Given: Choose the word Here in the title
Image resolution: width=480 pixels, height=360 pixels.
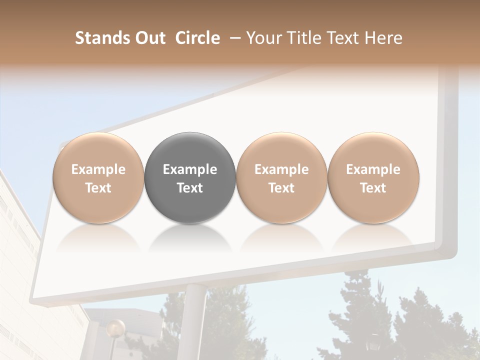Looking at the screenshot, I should pos(383,38).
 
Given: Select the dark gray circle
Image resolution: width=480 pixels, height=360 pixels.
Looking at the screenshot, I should pos(190,177).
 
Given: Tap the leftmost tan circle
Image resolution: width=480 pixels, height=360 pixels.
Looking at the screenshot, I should pos(98,177).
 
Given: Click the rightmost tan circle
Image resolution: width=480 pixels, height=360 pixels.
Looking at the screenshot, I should pos(373,177).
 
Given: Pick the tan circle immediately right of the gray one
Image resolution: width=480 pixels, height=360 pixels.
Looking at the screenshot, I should pos(281,177).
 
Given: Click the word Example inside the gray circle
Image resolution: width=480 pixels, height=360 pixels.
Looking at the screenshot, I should pos(190,169).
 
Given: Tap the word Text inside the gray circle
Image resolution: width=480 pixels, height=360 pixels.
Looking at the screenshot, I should pos(190,188).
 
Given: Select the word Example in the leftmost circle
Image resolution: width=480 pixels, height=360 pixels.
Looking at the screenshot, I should pos(98,169).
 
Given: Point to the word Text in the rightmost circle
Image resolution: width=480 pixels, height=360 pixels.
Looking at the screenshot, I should pos(373,188).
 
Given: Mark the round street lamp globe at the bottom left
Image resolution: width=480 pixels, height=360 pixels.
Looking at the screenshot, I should pos(115,328).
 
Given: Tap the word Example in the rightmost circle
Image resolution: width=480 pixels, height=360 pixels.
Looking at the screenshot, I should pos(373,169).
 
